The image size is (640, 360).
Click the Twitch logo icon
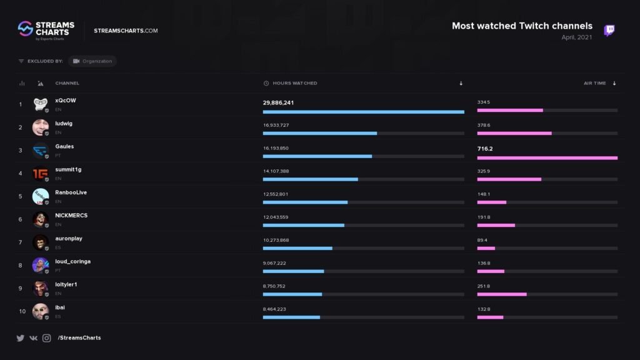(x=609, y=31)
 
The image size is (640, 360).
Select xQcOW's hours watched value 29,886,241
(x=279, y=102)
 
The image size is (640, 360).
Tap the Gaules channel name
(x=64, y=146)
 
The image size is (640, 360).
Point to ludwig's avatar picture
(x=41, y=127)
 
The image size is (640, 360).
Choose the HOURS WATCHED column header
(x=294, y=83)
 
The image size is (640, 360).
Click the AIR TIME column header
(x=594, y=83)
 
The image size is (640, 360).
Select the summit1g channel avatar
(x=41, y=173)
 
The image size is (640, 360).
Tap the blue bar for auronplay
(x=297, y=248)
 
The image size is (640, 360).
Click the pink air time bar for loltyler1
(x=502, y=294)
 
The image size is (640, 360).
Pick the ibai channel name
(x=60, y=307)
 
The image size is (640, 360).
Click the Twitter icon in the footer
(x=20, y=338)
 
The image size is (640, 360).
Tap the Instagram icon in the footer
(x=47, y=338)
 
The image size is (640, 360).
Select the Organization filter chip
(x=92, y=61)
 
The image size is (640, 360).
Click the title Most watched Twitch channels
(x=522, y=26)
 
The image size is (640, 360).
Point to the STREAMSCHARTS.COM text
(x=126, y=31)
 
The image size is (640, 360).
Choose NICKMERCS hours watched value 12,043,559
(x=276, y=217)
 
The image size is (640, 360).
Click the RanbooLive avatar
(x=41, y=196)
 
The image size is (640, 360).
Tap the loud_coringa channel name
(x=72, y=261)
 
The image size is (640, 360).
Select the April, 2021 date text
(x=577, y=37)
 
